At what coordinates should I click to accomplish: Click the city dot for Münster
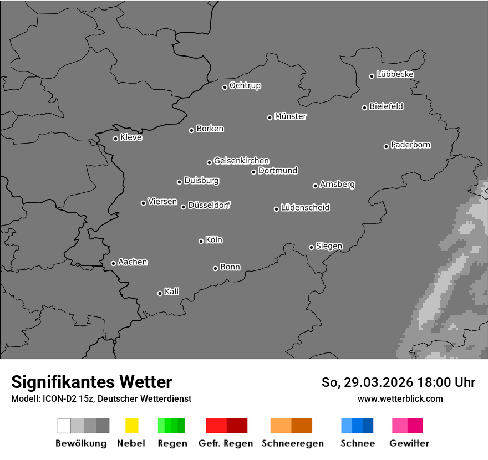270,117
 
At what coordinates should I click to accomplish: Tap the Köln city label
214,240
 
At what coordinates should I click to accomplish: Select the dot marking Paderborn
386,146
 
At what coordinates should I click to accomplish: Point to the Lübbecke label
395,74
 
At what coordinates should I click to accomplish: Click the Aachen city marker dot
113,263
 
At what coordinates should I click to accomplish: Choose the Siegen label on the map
329,246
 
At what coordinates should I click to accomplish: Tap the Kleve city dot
115,139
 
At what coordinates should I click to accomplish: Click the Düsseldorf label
209,205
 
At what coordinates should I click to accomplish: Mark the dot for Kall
160,293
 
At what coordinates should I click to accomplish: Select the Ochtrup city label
245,86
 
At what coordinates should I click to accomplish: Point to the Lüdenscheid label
305,208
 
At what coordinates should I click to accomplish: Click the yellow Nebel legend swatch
131,426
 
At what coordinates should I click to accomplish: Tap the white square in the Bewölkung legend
64,426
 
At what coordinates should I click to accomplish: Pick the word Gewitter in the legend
409,443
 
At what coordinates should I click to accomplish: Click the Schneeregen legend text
293,443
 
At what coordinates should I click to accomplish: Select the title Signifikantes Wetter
91,382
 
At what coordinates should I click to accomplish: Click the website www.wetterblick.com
400,398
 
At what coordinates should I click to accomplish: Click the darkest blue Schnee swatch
368,426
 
